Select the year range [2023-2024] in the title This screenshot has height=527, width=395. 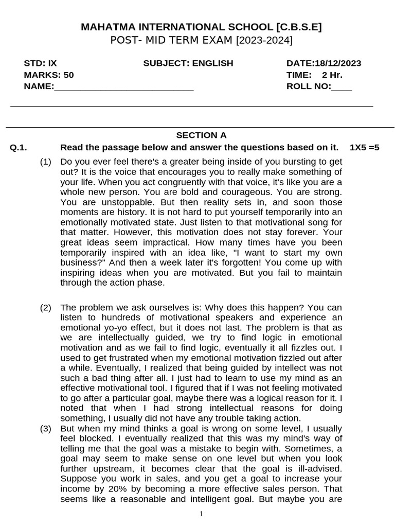pyautogui.click(x=264, y=41)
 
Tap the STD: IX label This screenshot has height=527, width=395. pyautogui.click(x=40, y=63)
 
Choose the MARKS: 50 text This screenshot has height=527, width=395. pyautogui.click(x=49, y=75)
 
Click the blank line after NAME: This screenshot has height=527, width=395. pyautogui.click(x=123, y=86)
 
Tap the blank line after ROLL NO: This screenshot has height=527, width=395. pyautogui.click(x=342, y=86)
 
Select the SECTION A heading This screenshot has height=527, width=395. pyautogui.click(x=201, y=135)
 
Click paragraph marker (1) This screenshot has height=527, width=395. pyautogui.click(x=46, y=162)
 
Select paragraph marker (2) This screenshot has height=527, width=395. pyautogui.click(x=46, y=308)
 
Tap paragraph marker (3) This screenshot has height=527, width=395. pyautogui.click(x=46, y=428)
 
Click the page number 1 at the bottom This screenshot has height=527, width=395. pyautogui.click(x=202, y=514)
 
